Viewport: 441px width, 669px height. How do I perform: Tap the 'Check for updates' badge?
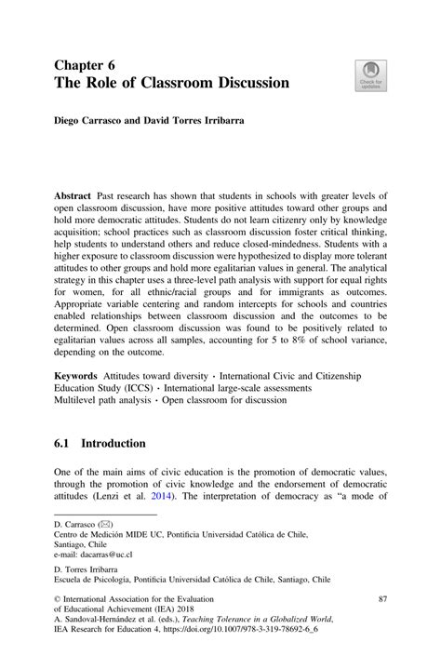pyautogui.click(x=369, y=75)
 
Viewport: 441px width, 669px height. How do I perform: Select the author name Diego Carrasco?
pyautogui.click(x=88, y=120)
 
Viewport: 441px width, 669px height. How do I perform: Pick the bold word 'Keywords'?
pyautogui.click(x=78, y=375)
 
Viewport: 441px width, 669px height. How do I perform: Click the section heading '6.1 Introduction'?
pyautogui.click(x=101, y=443)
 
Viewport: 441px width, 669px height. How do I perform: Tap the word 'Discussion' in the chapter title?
pyautogui.click(x=242, y=83)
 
